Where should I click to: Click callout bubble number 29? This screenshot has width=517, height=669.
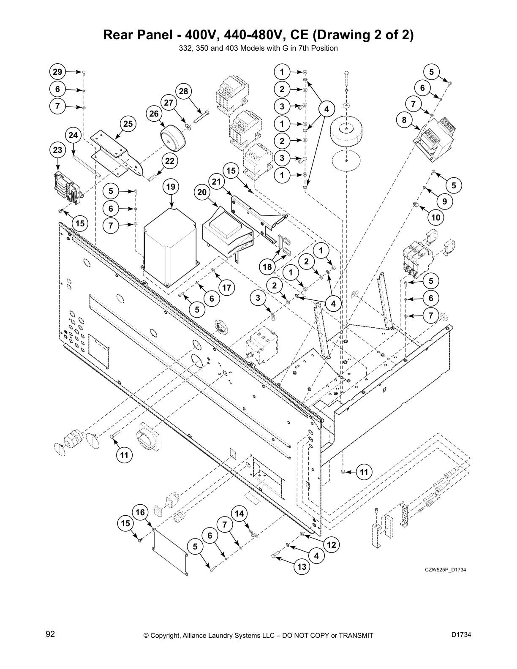pos(57,72)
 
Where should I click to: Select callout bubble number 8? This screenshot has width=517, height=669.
pos(404,120)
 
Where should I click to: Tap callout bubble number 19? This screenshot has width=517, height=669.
pos(171,187)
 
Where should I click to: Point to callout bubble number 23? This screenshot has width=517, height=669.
pos(57,150)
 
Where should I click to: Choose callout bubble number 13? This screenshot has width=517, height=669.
pos(302,567)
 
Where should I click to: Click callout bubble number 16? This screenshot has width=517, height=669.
pos(140,512)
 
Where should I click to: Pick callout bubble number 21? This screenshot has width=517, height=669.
pos(217,182)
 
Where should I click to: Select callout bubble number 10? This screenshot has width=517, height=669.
pos(436,218)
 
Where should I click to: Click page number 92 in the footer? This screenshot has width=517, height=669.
pos(50,634)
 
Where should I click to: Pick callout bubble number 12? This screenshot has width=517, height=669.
pos(332,545)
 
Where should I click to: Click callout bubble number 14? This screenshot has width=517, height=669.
pos(239,514)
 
